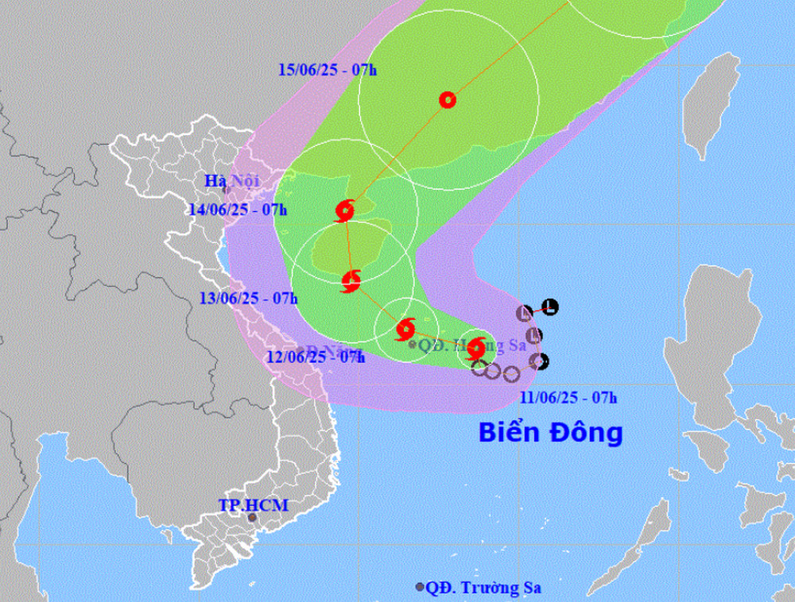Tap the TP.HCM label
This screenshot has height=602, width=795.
[x=253, y=505]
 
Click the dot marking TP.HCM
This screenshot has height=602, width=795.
[x=253, y=519]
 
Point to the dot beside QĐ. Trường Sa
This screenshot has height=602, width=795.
[x=420, y=587]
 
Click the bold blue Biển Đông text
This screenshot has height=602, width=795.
[x=550, y=433]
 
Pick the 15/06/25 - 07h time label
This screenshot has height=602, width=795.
[x=328, y=69]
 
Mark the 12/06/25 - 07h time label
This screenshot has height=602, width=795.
[x=316, y=357]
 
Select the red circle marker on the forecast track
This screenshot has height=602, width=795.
[x=448, y=99]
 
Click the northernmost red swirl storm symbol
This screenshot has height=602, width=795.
[x=344, y=211]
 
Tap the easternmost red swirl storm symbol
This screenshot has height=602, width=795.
[x=476, y=348]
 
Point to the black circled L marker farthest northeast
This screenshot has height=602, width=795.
[x=550, y=307]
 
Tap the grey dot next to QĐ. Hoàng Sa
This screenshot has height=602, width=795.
[x=412, y=344]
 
